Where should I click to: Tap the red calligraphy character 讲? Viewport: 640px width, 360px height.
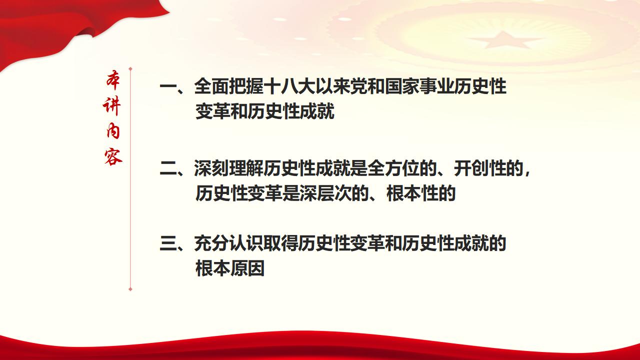[x=113, y=106]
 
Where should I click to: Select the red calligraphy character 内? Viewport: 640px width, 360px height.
[x=113, y=131]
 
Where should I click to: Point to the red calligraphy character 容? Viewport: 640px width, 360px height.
[x=113, y=156]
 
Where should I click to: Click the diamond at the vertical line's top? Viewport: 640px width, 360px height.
[x=130, y=68]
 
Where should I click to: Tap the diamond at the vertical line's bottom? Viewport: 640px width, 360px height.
[x=130, y=288]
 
